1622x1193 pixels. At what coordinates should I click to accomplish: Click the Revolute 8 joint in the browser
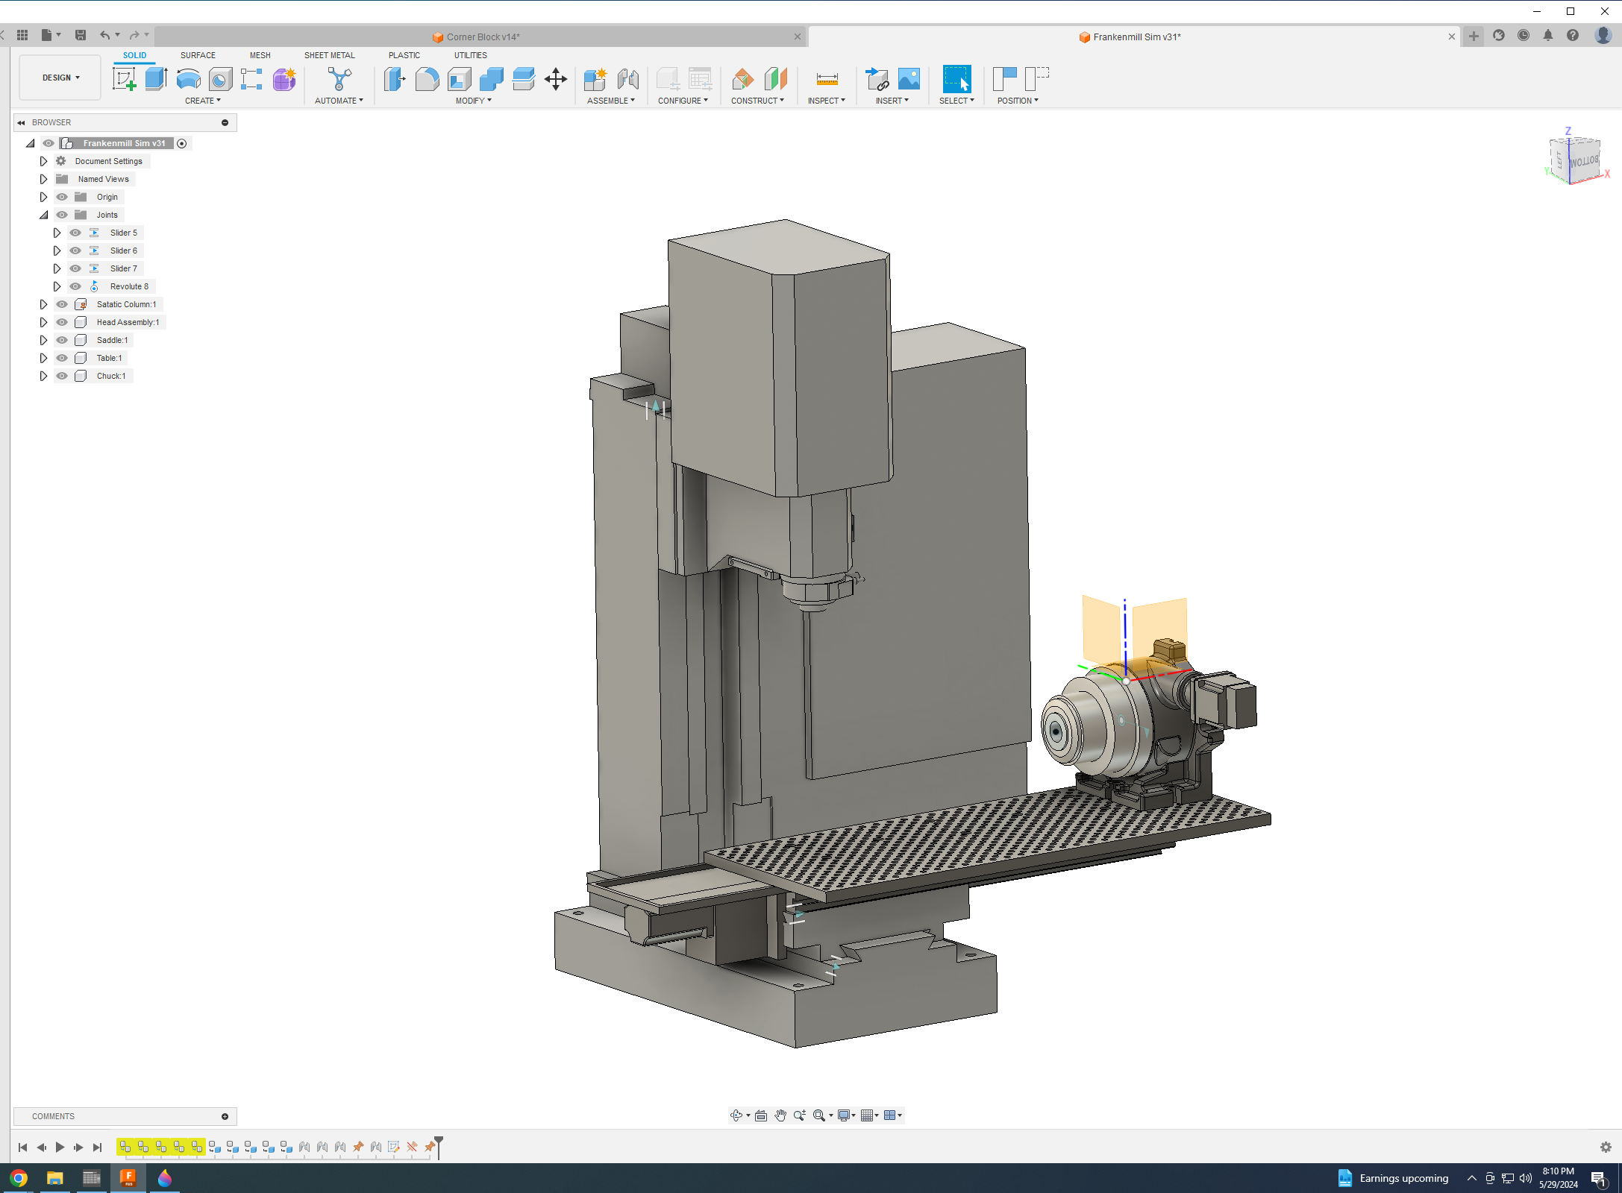click(129, 286)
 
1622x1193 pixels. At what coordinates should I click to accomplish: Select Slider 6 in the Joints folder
click(123, 251)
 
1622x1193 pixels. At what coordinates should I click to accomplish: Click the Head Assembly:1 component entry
click(128, 322)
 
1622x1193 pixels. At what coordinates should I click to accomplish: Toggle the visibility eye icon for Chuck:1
click(62, 376)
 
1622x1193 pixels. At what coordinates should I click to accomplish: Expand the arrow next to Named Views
click(43, 179)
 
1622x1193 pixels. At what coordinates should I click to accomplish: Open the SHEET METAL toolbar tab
click(329, 55)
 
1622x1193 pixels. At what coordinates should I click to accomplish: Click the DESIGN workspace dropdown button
click(60, 78)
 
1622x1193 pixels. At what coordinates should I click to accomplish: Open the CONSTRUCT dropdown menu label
click(757, 101)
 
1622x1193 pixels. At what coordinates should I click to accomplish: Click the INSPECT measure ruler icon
click(827, 79)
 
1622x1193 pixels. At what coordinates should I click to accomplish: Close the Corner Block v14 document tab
click(797, 37)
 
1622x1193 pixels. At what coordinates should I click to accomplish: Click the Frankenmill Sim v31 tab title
click(1136, 37)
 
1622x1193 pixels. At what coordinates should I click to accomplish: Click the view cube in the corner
click(1576, 160)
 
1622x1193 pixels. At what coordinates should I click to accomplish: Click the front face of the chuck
click(1056, 731)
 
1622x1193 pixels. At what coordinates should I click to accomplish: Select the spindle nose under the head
click(815, 593)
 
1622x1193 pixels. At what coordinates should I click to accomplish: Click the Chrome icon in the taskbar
click(19, 1178)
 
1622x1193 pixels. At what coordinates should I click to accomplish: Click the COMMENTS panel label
click(53, 1116)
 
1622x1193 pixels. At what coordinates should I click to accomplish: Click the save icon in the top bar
click(81, 35)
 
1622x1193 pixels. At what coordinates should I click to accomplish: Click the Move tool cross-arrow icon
click(555, 79)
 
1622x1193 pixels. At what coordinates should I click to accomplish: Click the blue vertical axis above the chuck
click(1124, 634)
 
